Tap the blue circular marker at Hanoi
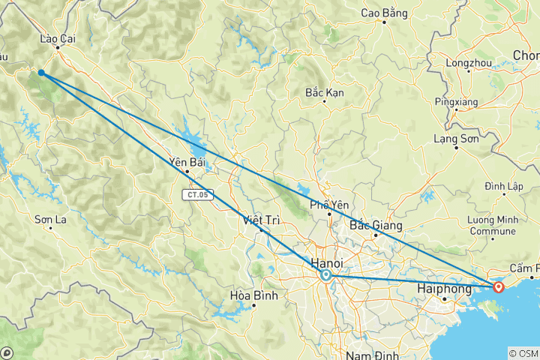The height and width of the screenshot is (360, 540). [325, 276]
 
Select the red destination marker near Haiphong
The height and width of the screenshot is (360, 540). [499, 286]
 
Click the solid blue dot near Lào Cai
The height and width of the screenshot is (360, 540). [41, 73]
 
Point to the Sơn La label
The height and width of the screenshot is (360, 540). [51, 220]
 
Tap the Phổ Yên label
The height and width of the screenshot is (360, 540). [328, 205]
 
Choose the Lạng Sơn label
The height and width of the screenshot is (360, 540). [457, 138]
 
